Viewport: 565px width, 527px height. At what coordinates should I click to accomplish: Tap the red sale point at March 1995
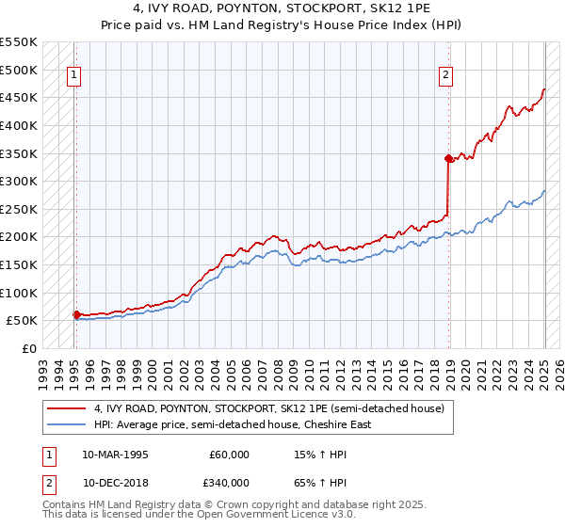pyautogui.click(x=76, y=314)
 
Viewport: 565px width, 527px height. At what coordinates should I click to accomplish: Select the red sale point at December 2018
pyautogui.click(x=448, y=159)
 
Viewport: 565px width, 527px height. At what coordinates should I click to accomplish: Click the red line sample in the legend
pyautogui.click(x=67, y=408)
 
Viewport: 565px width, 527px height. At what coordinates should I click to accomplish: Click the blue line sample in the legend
pyautogui.click(x=67, y=424)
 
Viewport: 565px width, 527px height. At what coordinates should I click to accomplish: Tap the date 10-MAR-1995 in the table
pyautogui.click(x=116, y=455)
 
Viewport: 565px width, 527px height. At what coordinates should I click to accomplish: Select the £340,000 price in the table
pyautogui.click(x=230, y=481)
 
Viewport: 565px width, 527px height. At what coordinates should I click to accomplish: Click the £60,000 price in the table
pyautogui.click(x=230, y=455)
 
